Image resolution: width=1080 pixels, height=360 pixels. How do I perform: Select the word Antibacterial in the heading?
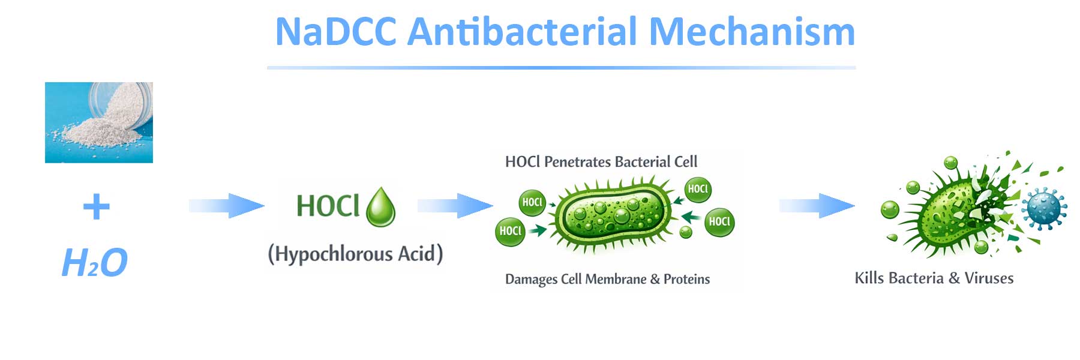coord(521,32)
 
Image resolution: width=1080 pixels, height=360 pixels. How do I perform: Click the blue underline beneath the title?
coord(561,68)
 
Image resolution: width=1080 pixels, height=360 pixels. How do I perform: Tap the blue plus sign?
coord(96,208)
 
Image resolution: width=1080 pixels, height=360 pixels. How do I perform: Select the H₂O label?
coord(95,263)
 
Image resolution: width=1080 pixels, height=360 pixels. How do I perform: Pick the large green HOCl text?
coord(328,206)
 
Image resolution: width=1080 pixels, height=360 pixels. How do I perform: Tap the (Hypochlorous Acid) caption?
coord(355,254)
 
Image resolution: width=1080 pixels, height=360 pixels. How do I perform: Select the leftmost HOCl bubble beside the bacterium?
coord(510,232)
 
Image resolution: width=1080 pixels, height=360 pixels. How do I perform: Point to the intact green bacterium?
coord(612,213)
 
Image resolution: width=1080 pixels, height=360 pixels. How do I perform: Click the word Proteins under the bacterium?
coord(686,280)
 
